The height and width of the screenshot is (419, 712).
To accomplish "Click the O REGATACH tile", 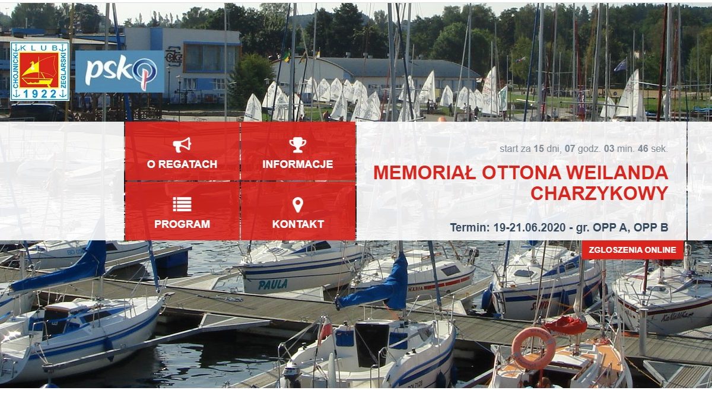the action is pos(182,151).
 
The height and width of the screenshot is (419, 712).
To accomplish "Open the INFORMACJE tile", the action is pos(298,151).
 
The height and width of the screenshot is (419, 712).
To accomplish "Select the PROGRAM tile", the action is pos(182,211).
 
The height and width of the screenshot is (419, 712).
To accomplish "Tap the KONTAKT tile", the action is pos(298,211).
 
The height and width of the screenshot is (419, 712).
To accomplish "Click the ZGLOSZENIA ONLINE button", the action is pos(632,250).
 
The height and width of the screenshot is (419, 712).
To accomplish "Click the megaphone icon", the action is pos(182,145).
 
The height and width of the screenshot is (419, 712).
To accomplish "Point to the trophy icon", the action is pos(298,145).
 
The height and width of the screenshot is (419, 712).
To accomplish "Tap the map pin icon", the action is pos(298,205).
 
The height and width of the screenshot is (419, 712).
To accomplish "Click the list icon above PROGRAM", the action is pos(182,204).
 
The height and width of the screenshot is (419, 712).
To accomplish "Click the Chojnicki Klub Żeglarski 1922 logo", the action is pos(40,72).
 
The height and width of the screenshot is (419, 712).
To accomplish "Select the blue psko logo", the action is pos(120,72).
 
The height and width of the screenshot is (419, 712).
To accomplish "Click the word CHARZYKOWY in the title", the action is pos(599,193).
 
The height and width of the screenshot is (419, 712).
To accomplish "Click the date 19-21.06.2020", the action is pos(529,228).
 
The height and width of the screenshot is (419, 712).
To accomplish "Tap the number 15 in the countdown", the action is pos(539,149).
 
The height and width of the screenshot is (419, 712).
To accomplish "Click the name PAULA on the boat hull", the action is pos(273,285).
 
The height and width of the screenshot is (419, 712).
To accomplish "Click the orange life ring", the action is pos(533,348).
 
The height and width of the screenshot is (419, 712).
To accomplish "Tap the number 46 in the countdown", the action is pos(643,149).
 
